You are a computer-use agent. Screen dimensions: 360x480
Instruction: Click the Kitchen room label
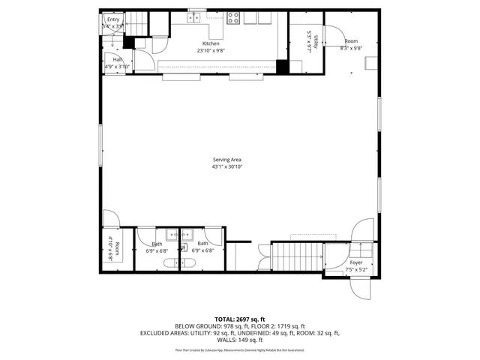[211, 43]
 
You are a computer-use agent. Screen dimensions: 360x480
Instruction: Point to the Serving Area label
[226, 160]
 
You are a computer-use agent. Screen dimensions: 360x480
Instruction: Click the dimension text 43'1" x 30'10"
[226, 166]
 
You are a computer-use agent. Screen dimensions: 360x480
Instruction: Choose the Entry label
[112, 19]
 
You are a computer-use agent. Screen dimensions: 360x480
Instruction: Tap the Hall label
[117, 58]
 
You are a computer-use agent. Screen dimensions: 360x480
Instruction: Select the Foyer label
[355, 262]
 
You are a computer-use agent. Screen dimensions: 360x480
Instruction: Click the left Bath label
[157, 244]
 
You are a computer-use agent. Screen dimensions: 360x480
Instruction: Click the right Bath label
[202, 244]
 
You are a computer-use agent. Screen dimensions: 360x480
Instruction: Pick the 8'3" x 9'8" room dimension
[351, 48]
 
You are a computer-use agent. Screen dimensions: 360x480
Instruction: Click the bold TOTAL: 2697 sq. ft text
[240, 319]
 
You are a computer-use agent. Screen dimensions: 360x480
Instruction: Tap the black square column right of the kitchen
[282, 66]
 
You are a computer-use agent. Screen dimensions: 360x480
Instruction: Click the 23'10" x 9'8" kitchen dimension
[211, 50]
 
